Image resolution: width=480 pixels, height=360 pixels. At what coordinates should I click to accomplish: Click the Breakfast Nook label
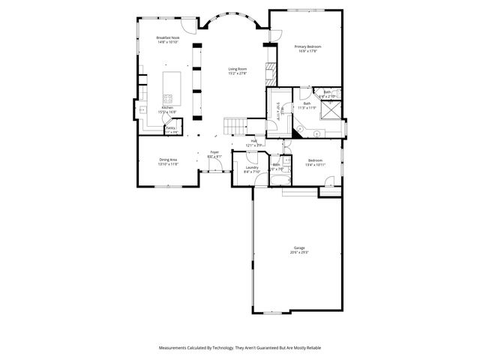pos(168,37)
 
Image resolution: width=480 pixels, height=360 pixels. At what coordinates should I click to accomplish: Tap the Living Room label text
pos(237,69)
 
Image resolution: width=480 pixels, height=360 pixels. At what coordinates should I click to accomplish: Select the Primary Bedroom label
pos(307,47)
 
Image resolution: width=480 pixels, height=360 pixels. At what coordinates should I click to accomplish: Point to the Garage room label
pos(299,247)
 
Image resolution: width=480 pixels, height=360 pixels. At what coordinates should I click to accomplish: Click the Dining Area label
pos(168,159)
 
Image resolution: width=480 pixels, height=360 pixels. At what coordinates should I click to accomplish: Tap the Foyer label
pos(214,152)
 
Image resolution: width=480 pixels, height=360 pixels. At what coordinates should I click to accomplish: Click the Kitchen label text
pos(167,108)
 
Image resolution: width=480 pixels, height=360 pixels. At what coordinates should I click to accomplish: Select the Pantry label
pos(170,128)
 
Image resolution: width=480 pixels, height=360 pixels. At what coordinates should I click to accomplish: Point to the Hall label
pos(254,140)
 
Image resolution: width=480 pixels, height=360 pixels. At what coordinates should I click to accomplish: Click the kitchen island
pos(172,88)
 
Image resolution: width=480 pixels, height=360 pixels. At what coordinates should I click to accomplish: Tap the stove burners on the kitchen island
pos(169,98)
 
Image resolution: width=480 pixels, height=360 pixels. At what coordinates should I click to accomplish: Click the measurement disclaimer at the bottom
pos(239,347)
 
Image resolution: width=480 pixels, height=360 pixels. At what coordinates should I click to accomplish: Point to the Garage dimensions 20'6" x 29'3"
pos(299,253)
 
